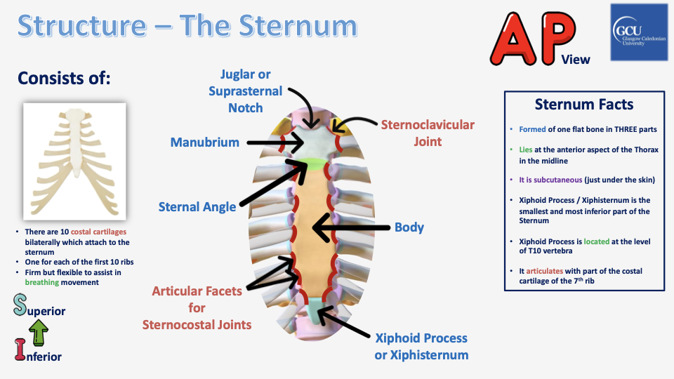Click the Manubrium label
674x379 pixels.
coord(204,142)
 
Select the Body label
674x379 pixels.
coord(409,227)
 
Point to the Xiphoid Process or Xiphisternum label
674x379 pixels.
coord(421,347)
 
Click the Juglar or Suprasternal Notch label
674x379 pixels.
coord(245,91)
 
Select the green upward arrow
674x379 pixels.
coord(40,331)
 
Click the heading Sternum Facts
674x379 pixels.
coord(584,105)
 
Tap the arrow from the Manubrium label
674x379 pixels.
coord(274,142)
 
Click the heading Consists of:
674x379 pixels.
coord(64,78)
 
